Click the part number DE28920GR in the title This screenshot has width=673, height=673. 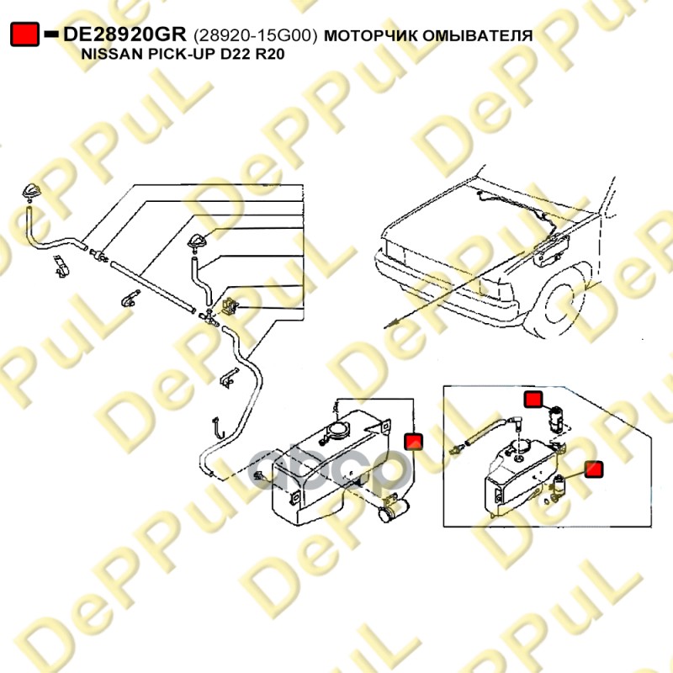125,34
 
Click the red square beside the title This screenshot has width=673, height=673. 24,34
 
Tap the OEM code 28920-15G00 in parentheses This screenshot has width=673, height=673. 256,35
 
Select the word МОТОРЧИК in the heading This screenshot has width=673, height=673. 370,35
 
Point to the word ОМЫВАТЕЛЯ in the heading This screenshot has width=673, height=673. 477,35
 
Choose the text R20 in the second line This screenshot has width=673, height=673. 270,55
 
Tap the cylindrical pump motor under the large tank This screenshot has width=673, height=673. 394,510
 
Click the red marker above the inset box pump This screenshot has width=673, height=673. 533,400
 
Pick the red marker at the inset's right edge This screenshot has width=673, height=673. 594,469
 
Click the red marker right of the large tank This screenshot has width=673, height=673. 413,442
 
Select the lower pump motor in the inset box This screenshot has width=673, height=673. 559,486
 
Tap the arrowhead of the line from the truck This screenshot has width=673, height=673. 389,324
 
